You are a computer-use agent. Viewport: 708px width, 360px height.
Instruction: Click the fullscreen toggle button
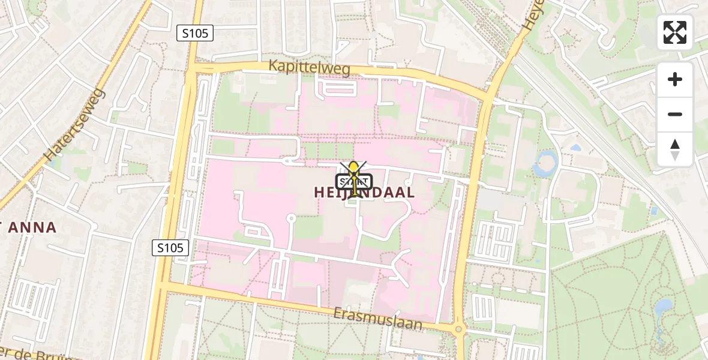[675, 32]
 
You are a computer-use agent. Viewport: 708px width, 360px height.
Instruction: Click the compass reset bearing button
[675, 149]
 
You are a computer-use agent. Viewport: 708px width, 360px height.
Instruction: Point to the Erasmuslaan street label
[379, 318]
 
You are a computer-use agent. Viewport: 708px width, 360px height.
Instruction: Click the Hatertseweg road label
[75, 125]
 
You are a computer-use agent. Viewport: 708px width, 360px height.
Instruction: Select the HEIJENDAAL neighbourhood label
[364, 193]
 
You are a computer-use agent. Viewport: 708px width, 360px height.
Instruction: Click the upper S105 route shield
[196, 34]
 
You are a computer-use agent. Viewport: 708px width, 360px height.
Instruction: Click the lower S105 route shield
[170, 247]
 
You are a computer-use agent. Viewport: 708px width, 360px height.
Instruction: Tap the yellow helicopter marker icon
[355, 178]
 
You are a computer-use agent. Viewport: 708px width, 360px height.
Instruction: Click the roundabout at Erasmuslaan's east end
[459, 328]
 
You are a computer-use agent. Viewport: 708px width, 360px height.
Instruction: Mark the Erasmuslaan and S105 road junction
[163, 287]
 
